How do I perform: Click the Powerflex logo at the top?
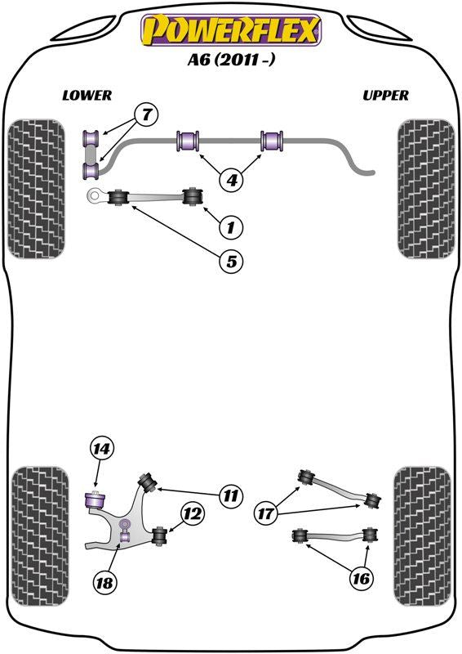click(231, 29)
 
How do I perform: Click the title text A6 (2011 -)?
click(231, 60)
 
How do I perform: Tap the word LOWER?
click(87, 96)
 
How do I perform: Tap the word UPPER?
click(385, 96)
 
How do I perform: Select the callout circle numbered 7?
click(146, 114)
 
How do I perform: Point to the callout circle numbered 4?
click(232, 180)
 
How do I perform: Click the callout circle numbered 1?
click(231, 227)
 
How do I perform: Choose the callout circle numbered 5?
click(231, 262)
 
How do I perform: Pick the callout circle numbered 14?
click(101, 449)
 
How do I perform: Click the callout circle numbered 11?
click(230, 496)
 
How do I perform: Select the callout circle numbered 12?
click(193, 513)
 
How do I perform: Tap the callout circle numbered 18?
click(104, 582)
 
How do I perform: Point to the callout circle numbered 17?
click(265, 513)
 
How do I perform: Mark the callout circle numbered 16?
click(361, 578)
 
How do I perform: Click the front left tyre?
click(37, 189)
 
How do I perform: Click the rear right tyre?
click(423, 536)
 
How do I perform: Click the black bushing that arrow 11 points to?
click(148, 482)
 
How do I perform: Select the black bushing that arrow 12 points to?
click(159, 536)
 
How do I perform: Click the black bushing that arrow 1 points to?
click(193, 196)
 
